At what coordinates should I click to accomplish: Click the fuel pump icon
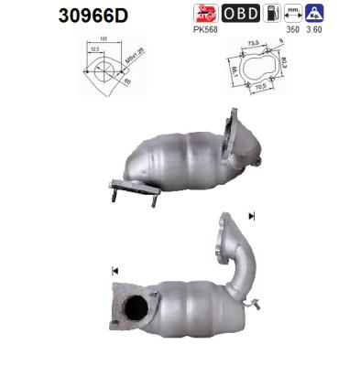point(272,13)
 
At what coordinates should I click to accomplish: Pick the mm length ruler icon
point(293,13)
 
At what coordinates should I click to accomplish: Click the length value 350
point(293,28)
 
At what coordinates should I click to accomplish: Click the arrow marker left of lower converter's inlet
point(115,271)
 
